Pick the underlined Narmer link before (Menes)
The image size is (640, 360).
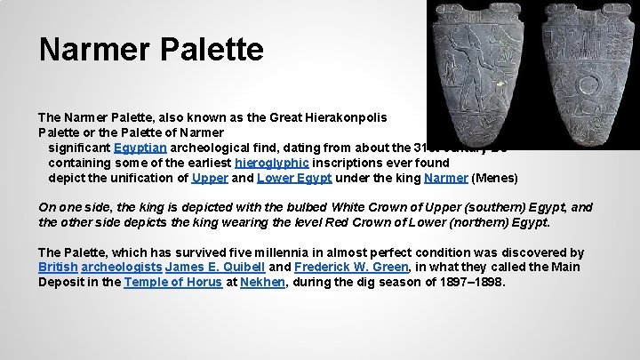point(446,178)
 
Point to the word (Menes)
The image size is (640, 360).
point(496,178)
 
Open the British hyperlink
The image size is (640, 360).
point(58,268)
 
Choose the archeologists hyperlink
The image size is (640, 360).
point(120,268)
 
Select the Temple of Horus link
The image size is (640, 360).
point(172,283)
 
